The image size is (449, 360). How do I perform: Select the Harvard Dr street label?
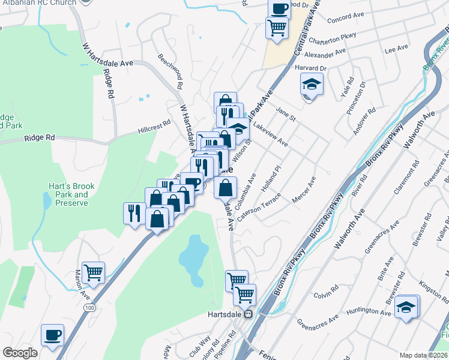[310, 68]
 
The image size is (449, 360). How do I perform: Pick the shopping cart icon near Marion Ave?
[94, 273]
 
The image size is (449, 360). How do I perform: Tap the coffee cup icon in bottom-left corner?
[52, 335]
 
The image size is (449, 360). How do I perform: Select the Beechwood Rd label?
[170, 70]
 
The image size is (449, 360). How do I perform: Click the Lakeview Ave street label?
[270, 135]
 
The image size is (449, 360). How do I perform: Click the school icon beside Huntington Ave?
[406, 307]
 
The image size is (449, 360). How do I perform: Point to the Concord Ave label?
[346, 19]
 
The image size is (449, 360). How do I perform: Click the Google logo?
[20, 353]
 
